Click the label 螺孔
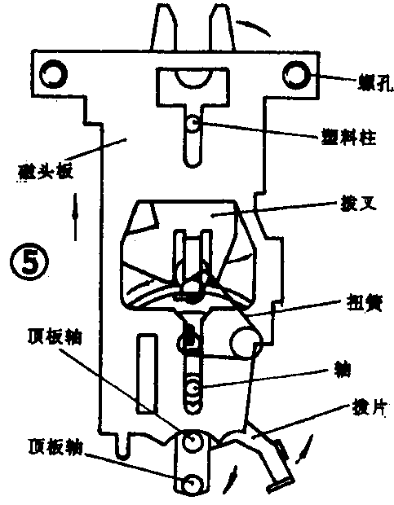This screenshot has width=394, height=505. tap(371, 81)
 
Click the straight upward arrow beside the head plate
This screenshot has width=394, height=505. tap(76, 215)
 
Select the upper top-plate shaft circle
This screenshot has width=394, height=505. tap(193, 443)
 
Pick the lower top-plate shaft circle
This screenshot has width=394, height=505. tap(193, 484)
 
